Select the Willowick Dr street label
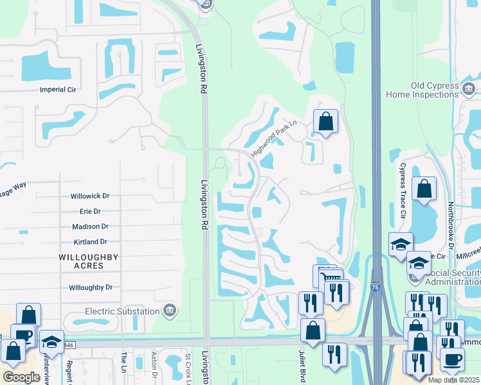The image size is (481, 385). coord(89,196)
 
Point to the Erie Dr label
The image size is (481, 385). coord(89,211)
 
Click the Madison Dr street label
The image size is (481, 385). coord(90,227)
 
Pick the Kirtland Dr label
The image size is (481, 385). coord(90,242)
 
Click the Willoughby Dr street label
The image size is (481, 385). coord(91,288)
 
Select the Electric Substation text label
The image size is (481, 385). coord(122,311)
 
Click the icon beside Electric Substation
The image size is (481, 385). coord(170,311)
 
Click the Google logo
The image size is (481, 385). coord(21,377)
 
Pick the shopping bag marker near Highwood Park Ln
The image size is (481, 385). coord(325,121)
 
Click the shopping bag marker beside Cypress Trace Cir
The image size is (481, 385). coord(424,189)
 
